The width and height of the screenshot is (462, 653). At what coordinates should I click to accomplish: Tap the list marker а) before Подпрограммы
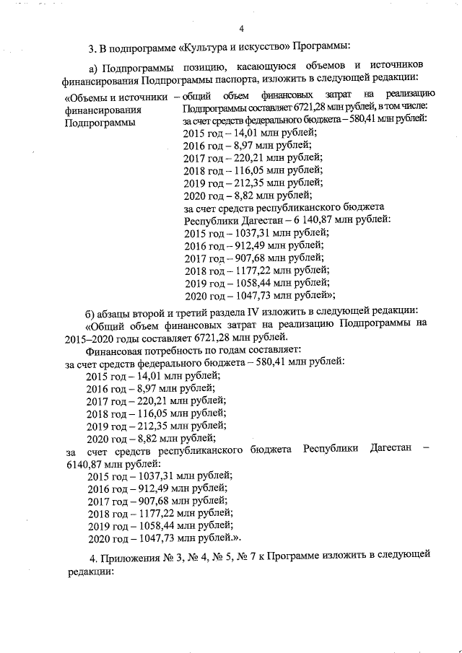coord(94,67)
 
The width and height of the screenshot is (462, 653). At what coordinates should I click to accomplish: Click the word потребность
coord(178,351)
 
